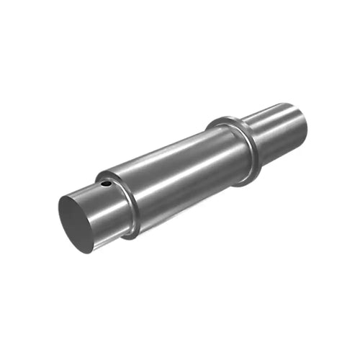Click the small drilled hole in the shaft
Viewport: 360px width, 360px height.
pyautogui.click(x=107, y=184)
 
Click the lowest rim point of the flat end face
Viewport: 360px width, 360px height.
pyautogui.click(x=90, y=251)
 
